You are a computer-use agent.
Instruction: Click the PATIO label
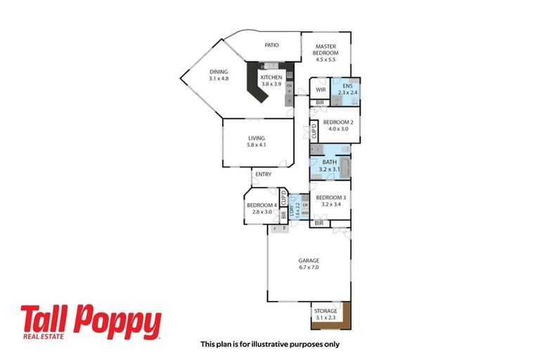271,46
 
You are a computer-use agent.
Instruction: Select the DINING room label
219,72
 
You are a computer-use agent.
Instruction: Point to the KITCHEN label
271,77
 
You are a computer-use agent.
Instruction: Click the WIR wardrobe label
320,90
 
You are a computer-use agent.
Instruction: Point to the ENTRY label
263,174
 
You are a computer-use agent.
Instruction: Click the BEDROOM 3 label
330,198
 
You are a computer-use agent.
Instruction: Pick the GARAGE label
309,260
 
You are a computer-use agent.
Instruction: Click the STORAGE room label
326,311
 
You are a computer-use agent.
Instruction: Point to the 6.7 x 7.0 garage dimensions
309,268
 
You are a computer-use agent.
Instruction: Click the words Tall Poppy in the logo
91,321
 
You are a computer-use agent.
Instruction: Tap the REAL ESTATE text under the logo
43,338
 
